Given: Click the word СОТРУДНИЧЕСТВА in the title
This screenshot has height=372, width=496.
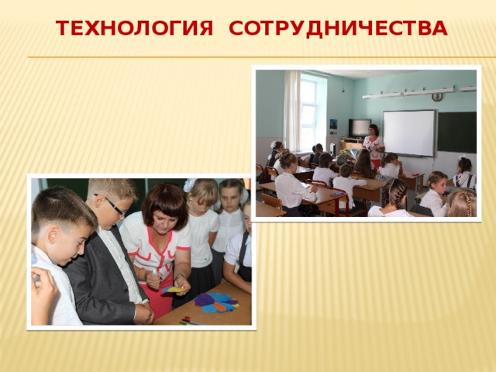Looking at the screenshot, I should click(339, 29).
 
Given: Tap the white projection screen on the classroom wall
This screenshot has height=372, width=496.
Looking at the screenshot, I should click(408, 133).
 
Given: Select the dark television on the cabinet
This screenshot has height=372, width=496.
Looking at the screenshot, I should click(359, 127).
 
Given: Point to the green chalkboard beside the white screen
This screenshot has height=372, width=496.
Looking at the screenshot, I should click(456, 132).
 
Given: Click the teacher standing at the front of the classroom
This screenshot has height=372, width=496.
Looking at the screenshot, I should click(374, 143).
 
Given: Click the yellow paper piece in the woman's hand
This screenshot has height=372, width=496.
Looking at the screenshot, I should click(175, 290).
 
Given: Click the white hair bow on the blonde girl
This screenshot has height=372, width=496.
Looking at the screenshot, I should click(190, 184).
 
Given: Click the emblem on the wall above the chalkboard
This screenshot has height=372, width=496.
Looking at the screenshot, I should click(437, 97).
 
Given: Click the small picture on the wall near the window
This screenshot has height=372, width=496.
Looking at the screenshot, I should click(332, 124).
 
